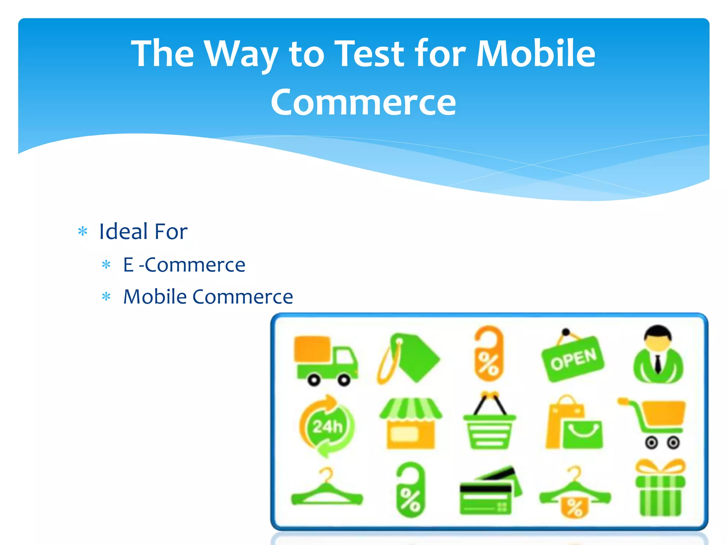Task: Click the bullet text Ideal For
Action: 143,231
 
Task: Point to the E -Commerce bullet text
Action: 184,265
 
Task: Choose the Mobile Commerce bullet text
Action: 208,297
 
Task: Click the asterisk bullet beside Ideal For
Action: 83,232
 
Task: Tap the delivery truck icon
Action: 325,360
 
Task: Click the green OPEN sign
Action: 572,359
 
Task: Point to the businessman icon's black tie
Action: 658,364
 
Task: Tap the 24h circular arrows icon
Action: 327,425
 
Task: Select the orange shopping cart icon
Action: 657,422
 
